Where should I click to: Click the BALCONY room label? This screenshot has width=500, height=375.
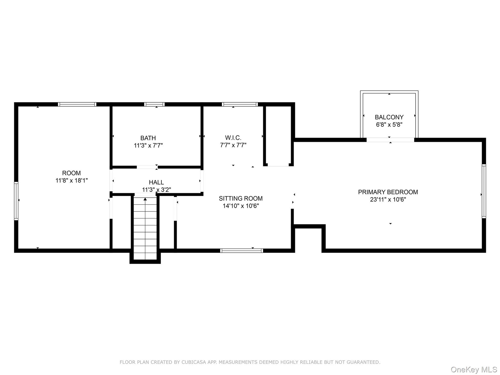click(389, 117)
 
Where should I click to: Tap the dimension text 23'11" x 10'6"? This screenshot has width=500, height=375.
click(388, 199)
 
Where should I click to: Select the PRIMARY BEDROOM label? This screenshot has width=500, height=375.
click(388, 192)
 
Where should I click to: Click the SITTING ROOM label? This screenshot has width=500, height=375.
click(241, 198)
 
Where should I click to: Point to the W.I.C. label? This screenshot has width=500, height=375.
click(233, 137)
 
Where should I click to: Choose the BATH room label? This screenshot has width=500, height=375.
click(148, 138)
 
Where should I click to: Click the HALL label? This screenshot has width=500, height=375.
click(157, 182)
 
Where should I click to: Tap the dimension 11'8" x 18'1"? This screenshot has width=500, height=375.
click(72, 180)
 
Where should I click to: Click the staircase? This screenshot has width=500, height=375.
click(145, 228)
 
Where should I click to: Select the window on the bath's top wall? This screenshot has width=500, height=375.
click(154, 104)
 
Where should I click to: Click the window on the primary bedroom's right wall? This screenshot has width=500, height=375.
click(484, 191)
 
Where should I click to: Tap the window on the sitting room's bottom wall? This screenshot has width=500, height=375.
click(241, 251)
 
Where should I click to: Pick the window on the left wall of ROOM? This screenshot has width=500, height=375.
click(16, 201)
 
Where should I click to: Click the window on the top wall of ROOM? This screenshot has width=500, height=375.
click(77, 104)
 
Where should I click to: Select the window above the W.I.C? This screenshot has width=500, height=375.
click(240, 104)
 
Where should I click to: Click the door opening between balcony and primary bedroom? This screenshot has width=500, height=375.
click(390, 140)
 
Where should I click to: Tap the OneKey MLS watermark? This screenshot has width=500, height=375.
click(474, 370)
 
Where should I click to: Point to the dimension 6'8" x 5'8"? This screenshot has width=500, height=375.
click(389, 125)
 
